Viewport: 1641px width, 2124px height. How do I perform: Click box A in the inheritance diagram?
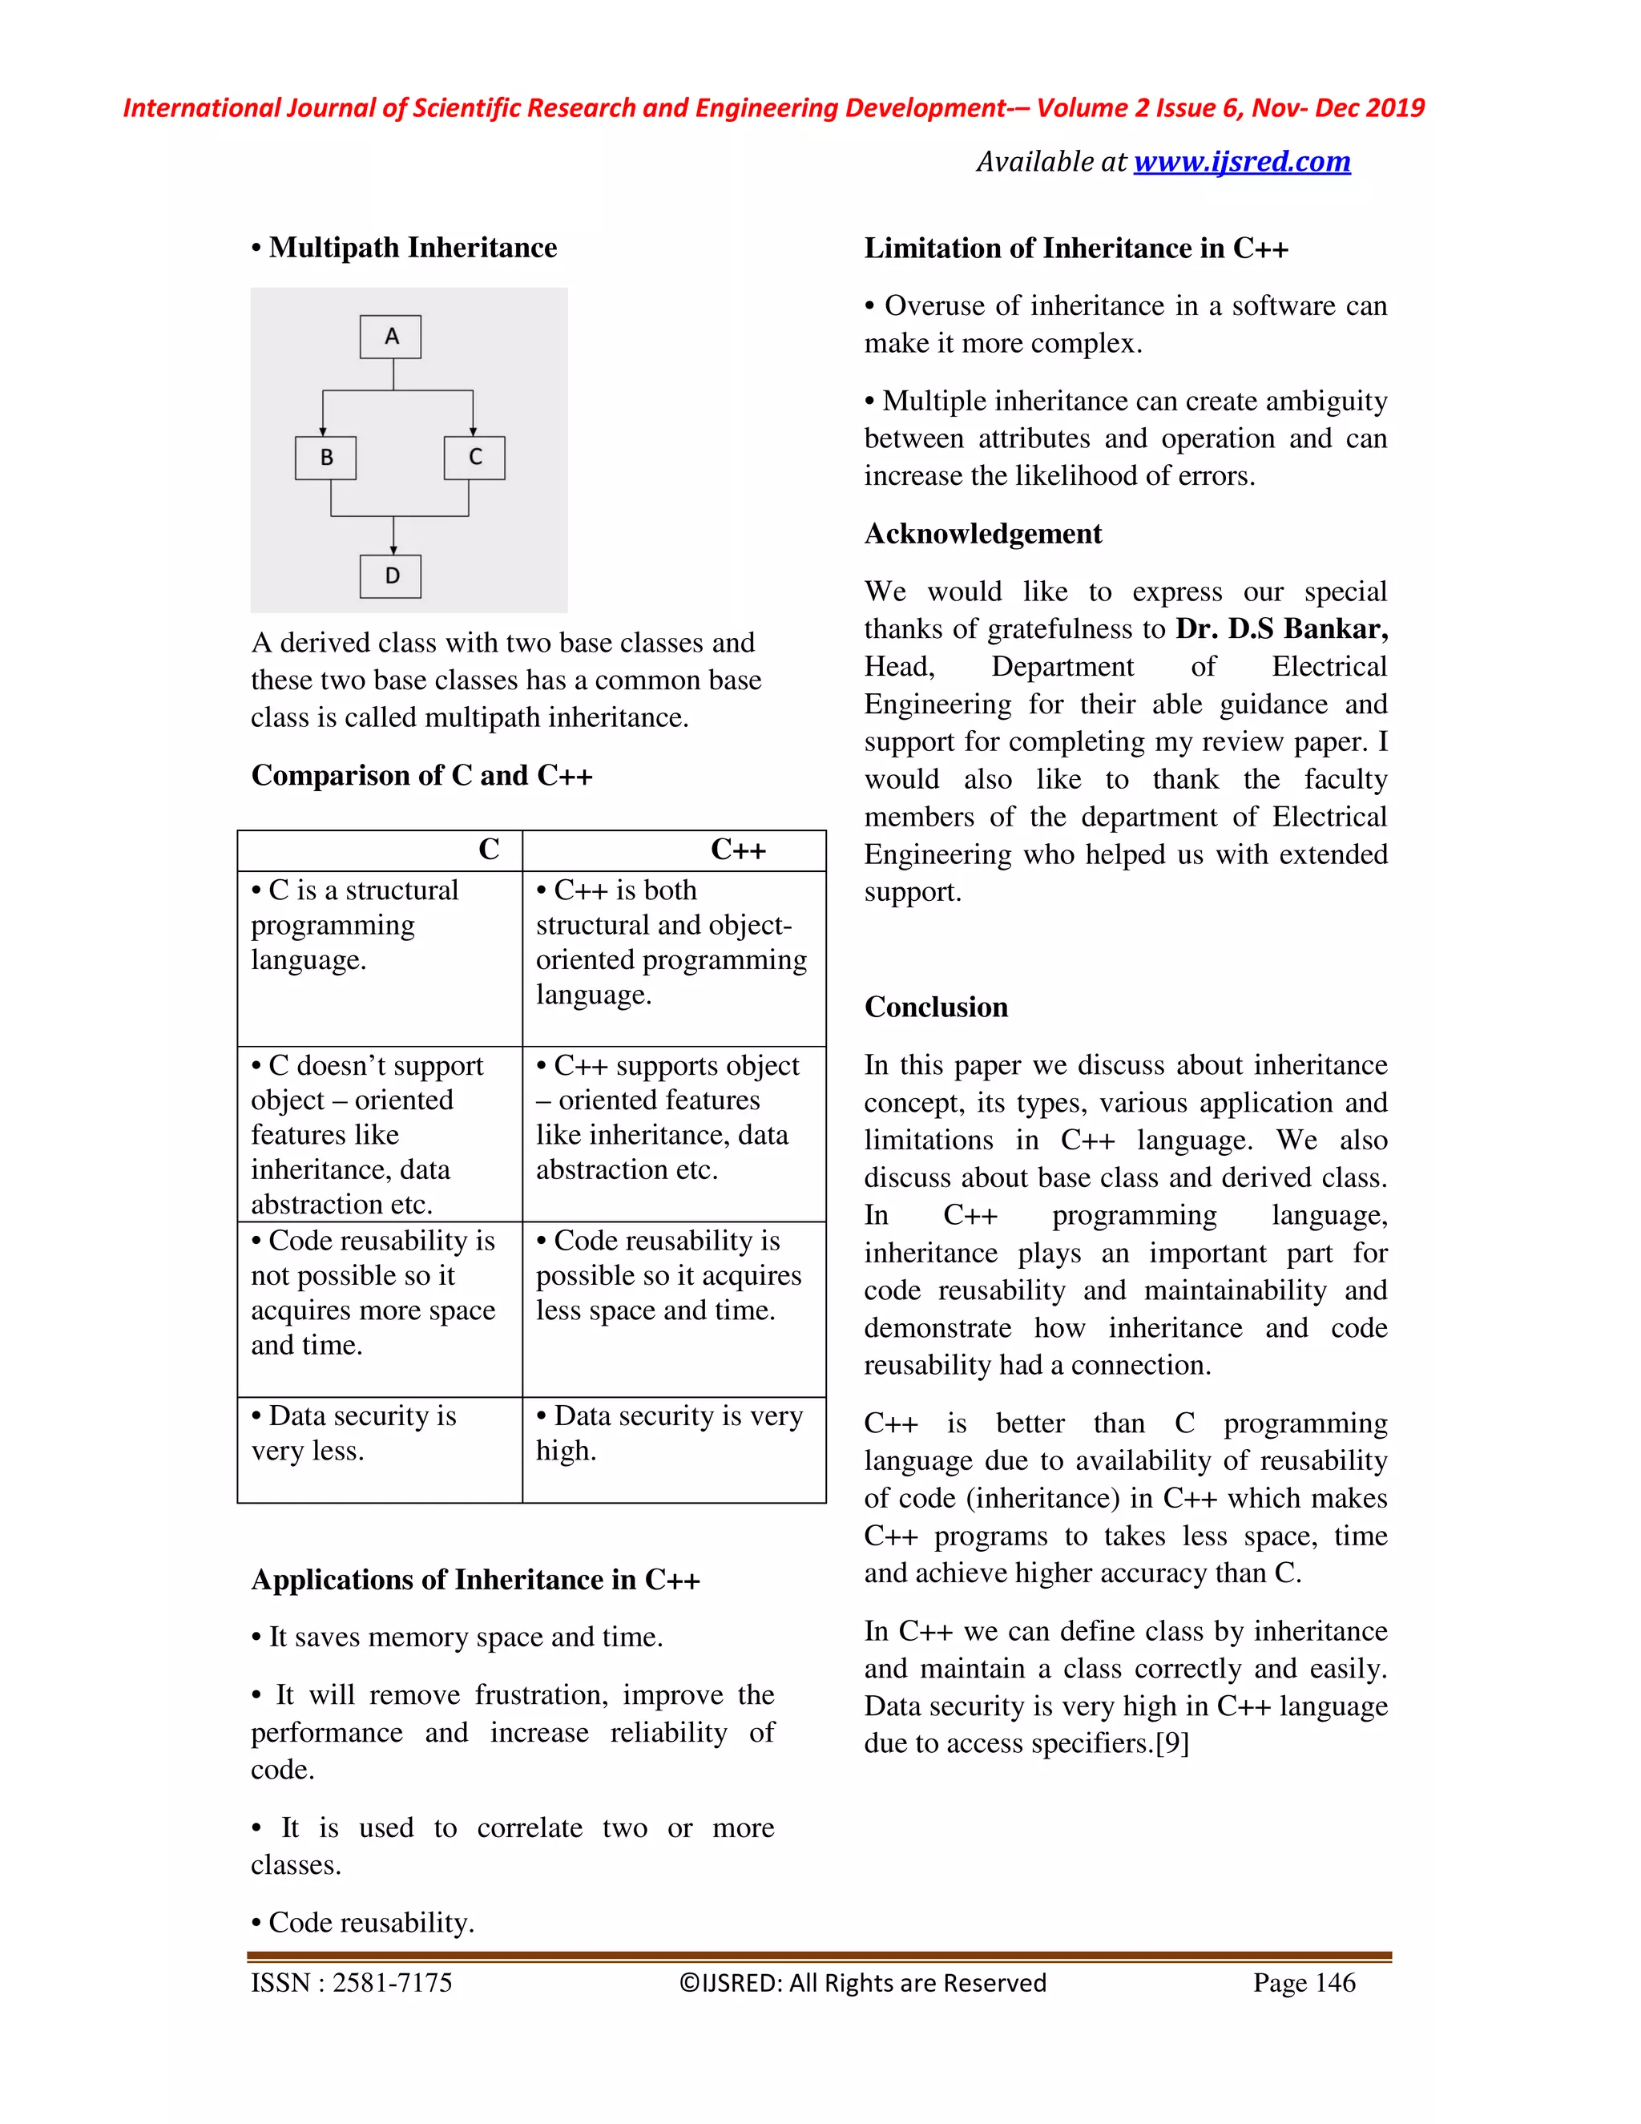pyautogui.click(x=390, y=337)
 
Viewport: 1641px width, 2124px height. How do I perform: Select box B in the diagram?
pyautogui.click(x=325, y=457)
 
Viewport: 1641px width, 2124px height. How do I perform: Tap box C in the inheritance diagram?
pyautogui.click(x=474, y=457)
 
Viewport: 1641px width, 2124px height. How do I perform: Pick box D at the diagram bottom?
pyautogui.click(x=390, y=575)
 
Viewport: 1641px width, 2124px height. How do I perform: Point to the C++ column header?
pyautogui.click(x=738, y=850)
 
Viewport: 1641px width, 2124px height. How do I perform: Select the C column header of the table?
pyautogui.click(x=488, y=850)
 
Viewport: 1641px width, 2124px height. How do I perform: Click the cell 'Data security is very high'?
pyautogui.click(x=669, y=1432)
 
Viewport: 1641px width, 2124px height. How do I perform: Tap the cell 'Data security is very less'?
pyautogui.click(x=354, y=1432)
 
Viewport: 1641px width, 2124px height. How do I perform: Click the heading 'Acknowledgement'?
pyautogui.click(x=983, y=534)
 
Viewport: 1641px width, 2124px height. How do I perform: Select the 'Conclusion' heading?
pyautogui.click(x=936, y=1007)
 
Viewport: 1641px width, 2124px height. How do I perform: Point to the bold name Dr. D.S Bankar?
pyautogui.click(x=1280, y=629)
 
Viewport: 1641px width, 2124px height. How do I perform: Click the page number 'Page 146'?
pyautogui.click(x=1304, y=1983)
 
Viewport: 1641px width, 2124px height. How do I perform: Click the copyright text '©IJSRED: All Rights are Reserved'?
pyautogui.click(x=862, y=1983)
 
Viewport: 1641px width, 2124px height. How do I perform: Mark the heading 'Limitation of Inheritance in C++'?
pyautogui.click(x=1076, y=249)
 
